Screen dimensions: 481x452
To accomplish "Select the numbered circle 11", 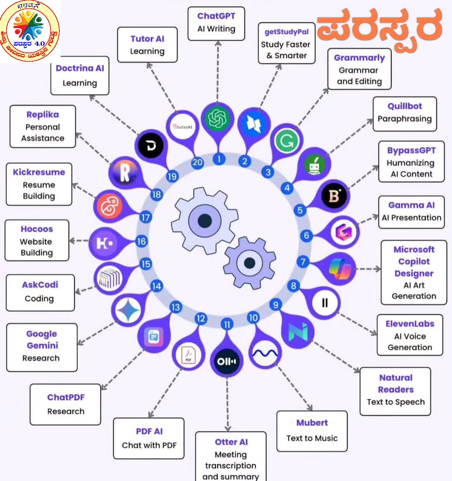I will click(x=227, y=324).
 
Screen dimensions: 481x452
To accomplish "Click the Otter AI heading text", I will click(x=231, y=442).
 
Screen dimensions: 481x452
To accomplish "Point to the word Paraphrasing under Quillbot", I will click(x=404, y=119).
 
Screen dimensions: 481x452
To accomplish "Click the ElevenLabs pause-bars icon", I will click(x=325, y=302).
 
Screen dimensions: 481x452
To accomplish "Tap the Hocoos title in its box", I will click(x=37, y=229).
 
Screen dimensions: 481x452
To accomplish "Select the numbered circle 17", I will click(x=146, y=218).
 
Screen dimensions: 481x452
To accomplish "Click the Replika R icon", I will click(x=124, y=173).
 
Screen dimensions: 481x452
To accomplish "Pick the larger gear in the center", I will click(x=205, y=220).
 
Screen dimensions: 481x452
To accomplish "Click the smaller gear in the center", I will click(x=249, y=263).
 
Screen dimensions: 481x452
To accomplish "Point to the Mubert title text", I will click(x=312, y=423).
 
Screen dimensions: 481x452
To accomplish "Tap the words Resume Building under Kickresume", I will click(x=39, y=190).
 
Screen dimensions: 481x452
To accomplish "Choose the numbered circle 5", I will click(x=300, y=209).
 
